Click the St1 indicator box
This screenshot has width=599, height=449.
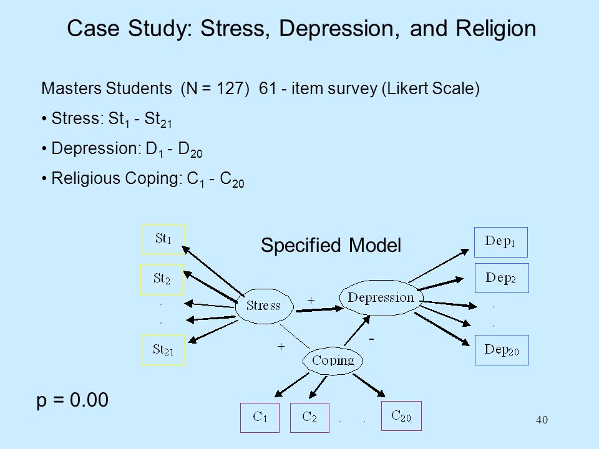coord(163,239)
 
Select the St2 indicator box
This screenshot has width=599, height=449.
coord(162,279)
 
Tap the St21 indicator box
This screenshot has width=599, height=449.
coord(163,350)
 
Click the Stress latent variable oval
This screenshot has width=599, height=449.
coord(264,306)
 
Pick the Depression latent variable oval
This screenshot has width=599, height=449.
coord(381,298)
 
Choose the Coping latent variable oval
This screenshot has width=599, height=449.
coord(333,360)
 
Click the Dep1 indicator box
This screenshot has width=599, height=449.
coord(501,242)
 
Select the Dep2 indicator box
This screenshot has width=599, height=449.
coord(502,278)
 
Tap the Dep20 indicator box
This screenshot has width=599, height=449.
coord(502,350)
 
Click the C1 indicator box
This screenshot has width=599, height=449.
coord(260,418)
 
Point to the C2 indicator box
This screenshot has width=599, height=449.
coord(309,418)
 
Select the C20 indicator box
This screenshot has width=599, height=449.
coord(401,416)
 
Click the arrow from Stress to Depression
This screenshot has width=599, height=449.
coord(319,310)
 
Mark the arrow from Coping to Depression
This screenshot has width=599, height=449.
coord(357,331)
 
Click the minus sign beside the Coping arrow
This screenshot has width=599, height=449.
coord(371,339)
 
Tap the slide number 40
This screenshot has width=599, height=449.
coord(542,420)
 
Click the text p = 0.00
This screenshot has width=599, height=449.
coord(72,400)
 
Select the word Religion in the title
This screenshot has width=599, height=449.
coord(495,29)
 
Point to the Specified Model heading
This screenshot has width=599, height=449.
coord(331,245)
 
